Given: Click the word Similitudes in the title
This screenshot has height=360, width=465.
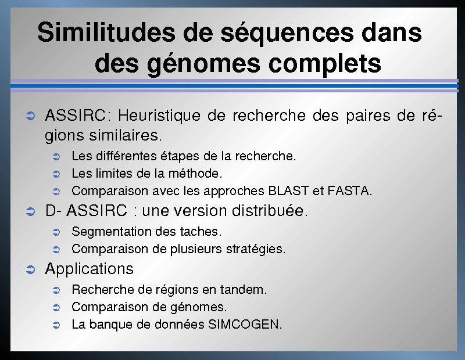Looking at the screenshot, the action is click(x=106, y=32).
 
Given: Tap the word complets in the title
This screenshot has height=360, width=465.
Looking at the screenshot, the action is click(x=324, y=63).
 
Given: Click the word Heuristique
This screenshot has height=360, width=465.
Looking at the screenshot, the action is click(x=159, y=116).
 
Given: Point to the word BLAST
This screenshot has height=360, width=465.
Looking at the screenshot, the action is click(x=288, y=191).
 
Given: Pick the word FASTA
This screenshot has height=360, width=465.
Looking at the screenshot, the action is click(x=350, y=191).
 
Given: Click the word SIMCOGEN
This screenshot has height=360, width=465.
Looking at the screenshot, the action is click(x=245, y=325).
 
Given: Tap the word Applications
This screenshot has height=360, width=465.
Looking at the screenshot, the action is click(x=90, y=269).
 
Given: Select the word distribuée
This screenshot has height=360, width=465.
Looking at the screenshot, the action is click(x=270, y=211).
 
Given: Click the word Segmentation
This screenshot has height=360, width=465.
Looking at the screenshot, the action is click(x=112, y=232).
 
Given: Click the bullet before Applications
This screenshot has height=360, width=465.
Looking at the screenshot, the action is click(x=31, y=269).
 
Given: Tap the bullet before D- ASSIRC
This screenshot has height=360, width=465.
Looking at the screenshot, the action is click(x=31, y=211).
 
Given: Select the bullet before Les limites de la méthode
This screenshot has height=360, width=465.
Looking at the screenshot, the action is click(x=56, y=174).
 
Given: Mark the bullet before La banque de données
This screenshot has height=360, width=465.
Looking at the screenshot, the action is click(x=56, y=325).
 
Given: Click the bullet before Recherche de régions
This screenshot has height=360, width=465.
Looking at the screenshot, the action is click(x=56, y=290).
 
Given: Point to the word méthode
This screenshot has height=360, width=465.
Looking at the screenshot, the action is click(x=195, y=174).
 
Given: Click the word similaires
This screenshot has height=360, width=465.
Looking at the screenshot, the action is click(x=126, y=135).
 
